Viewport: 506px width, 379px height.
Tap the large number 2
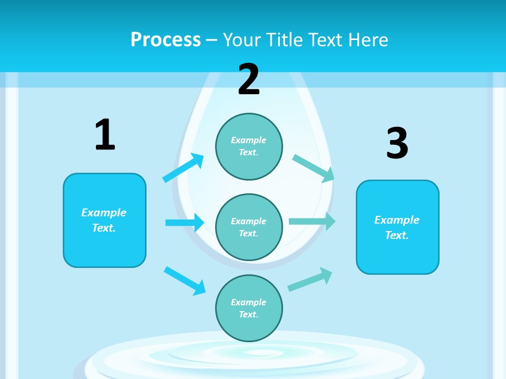[x=249, y=79]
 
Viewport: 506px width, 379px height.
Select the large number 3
[x=397, y=143]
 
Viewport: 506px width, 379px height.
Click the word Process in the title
[x=166, y=39]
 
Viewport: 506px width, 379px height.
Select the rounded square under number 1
[x=104, y=220]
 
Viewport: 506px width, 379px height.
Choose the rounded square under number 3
[x=397, y=227]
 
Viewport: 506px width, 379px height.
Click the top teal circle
[x=249, y=146]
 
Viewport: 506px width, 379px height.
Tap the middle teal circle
[x=249, y=227]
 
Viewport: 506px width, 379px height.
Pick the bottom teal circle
[x=249, y=308]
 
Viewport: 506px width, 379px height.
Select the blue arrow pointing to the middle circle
[x=184, y=223]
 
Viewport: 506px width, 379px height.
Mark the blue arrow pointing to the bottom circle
[x=184, y=280]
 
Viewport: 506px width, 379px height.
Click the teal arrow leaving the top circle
[x=314, y=167]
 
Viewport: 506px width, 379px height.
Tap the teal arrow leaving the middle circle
[x=312, y=222]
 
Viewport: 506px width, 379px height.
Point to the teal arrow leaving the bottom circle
[x=310, y=280]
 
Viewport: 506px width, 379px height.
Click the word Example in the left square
[x=104, y=213]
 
